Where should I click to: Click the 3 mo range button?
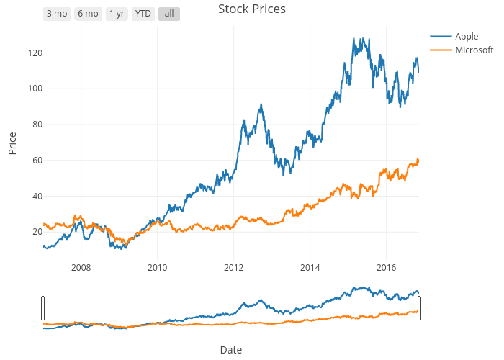[x=57, y=14]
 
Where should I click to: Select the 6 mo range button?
[x=88, y=14]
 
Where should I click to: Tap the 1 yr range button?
[x=117, y=14]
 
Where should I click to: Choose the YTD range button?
[x=143, y=14]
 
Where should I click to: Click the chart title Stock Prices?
[x=252, y=9]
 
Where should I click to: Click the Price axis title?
[x=12, y=143]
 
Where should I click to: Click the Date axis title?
[x=230, y=350]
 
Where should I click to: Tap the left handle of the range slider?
[x=43, y=308]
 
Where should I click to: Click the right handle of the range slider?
[x=419, y=308]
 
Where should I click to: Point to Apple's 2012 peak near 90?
[x=261, y=105]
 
